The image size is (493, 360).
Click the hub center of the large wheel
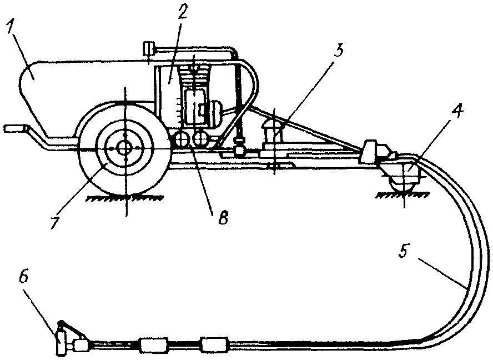coord(125,148)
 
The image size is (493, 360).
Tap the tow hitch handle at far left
coord(15,129)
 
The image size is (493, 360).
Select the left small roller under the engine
coord(182,139)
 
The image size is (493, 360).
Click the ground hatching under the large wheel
coord(125,198)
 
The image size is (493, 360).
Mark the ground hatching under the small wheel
coord(403,196)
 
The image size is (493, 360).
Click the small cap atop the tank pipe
coord(148,49)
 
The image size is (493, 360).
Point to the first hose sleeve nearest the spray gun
coord(153,346)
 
